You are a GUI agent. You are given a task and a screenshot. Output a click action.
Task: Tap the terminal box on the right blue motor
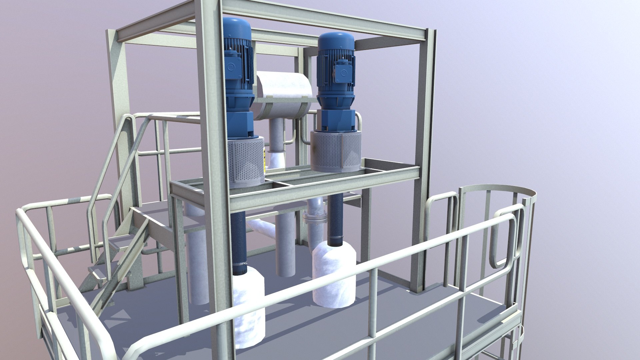341,71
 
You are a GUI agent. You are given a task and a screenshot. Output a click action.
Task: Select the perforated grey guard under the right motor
336,152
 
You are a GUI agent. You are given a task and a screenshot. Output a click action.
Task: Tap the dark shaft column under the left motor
239,243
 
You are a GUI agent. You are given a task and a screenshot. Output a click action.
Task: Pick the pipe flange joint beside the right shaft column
315,218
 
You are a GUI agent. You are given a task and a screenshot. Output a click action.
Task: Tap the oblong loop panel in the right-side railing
504,240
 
